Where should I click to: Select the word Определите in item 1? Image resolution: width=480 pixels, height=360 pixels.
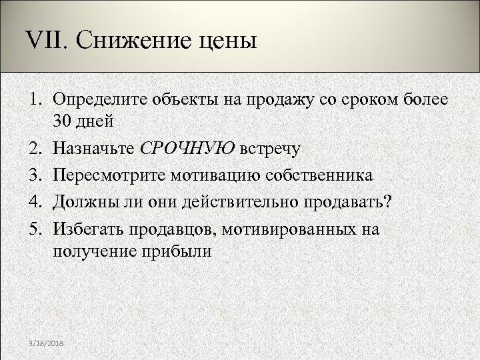(x=97, y=101)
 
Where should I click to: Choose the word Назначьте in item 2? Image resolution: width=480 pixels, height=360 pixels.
(x=95, y=148)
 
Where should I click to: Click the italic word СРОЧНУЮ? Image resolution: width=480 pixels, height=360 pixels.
(x=188, y=148)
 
